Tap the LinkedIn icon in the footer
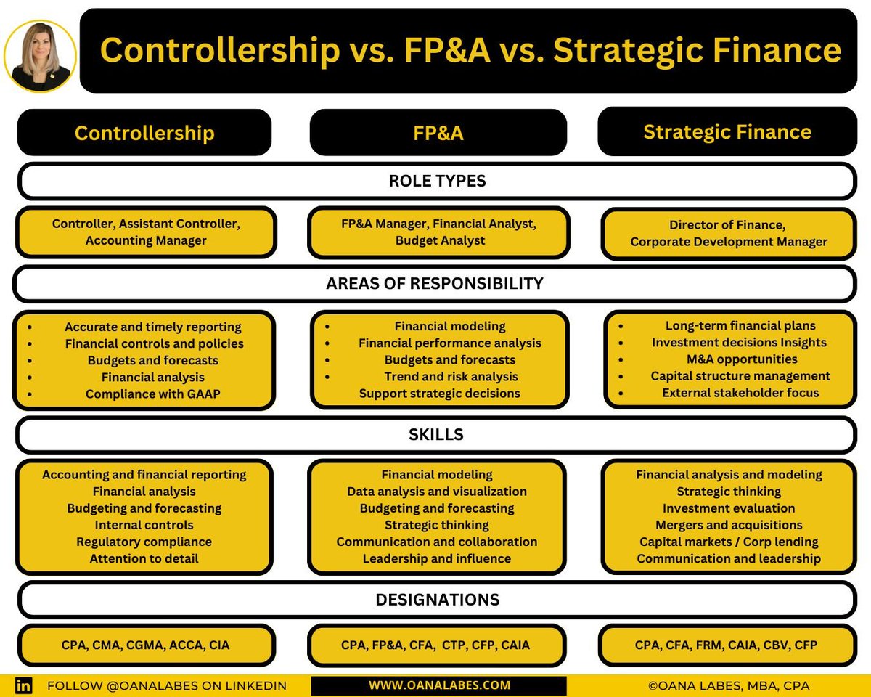(x=24, y=685)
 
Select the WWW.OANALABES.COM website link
(x=439, y=685)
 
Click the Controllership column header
(x=144, y=133)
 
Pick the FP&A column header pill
(x=438, y=133)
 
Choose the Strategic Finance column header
(x=727, y=131)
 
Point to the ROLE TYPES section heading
(x=436, y=182)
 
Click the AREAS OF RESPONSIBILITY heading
(x=434, y=284)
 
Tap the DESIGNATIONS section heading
(x=437, y=600)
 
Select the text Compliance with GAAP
(x=152, y=394)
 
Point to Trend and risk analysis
(x=451, y=377)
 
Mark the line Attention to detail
(x=144, y=558)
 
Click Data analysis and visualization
(x=437, y=492)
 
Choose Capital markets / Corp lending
(x=729, y=542)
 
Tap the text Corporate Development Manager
(x=729, y=242)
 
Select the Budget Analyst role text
(x=440, y=240)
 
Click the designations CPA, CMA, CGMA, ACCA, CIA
(x=145, y=645)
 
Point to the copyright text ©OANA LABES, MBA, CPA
(x=728, y=685)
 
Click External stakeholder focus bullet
(x=740, y=393)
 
